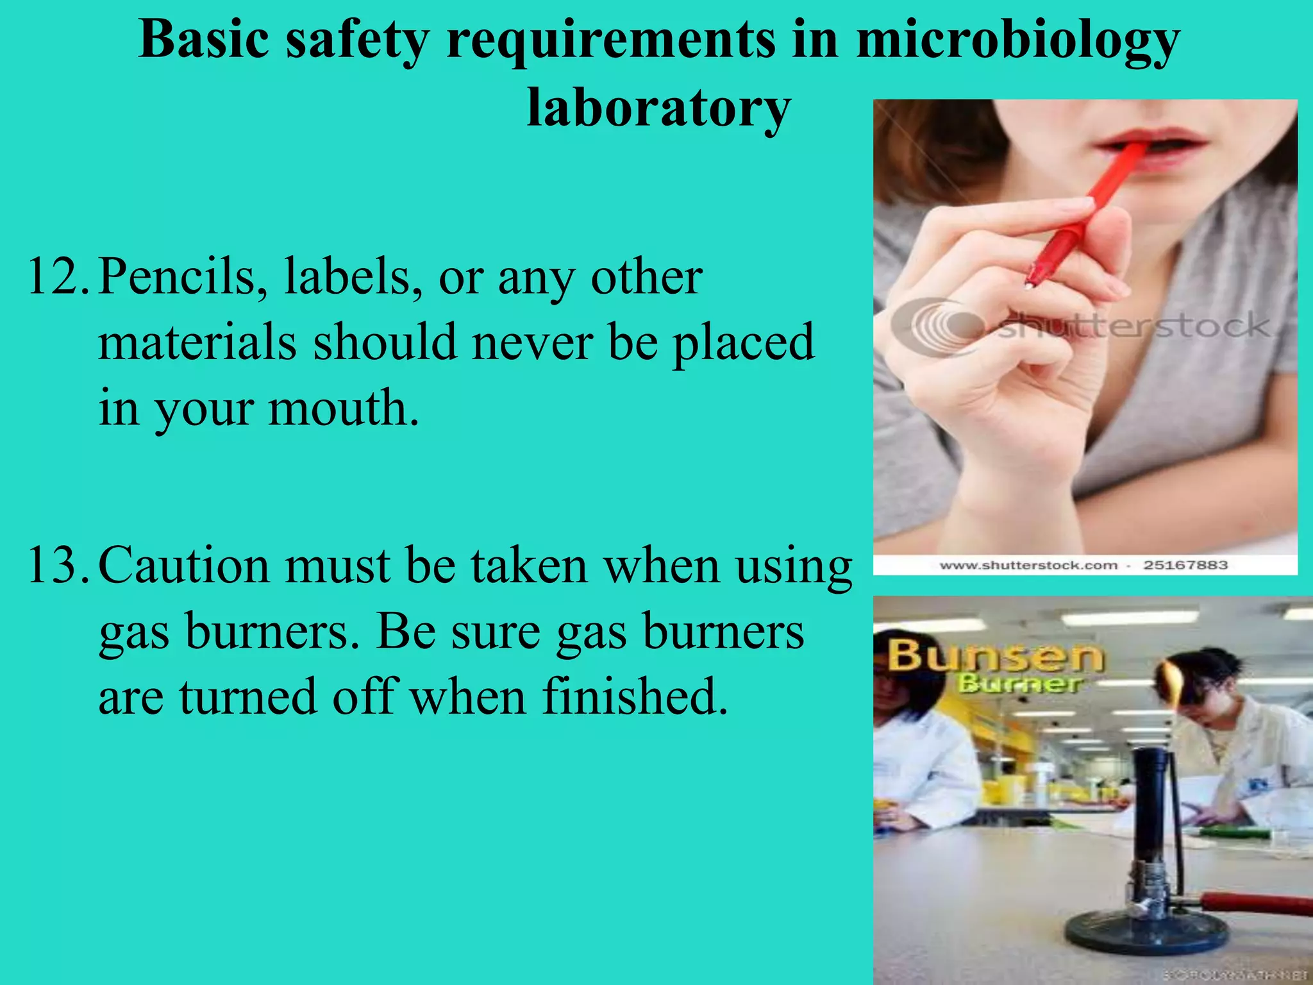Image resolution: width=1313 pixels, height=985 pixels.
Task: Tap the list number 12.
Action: [x=57, y=277]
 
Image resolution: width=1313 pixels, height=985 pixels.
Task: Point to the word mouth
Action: [x=343, y=408]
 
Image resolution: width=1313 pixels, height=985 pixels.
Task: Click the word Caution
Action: [x=183, y=566]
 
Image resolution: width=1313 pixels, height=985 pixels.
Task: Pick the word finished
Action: [x=635, y=697]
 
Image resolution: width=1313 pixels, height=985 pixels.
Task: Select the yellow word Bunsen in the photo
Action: [x=994, y=656]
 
